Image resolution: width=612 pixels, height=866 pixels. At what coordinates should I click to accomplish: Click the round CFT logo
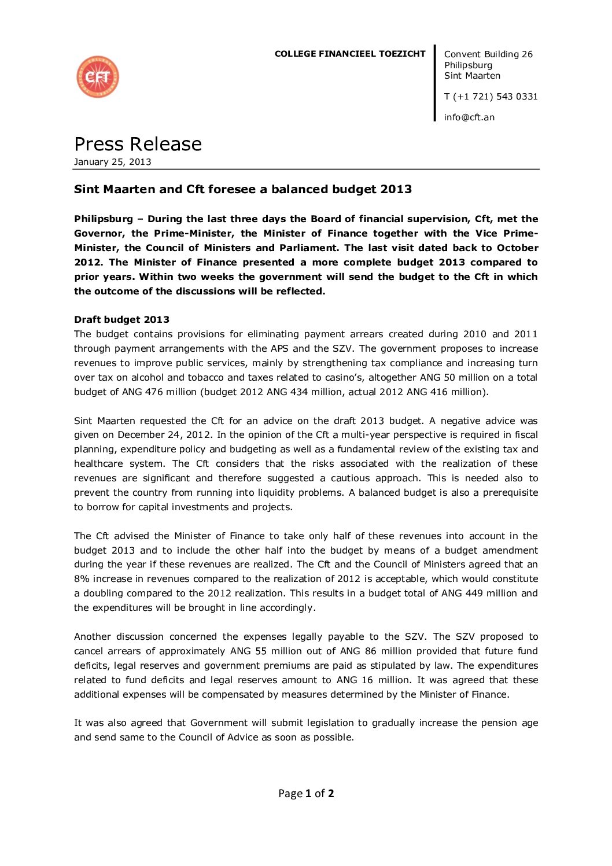pyautogui.click(x=98, y=77)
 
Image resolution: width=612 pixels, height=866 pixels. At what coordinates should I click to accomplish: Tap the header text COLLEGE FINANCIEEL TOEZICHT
pyautogui.click(x=350, y=54)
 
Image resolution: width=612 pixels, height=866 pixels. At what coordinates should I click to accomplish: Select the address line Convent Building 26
pyautogui.click(x=488, y=54)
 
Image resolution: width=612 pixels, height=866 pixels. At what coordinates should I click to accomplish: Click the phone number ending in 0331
pyautogui.click(x=491, y=97)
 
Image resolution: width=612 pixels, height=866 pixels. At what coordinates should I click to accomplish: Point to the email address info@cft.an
pyautogui.click(x=469, y=117)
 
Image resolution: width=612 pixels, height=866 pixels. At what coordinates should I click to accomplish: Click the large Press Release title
pyautogui.click(x=138, y=144)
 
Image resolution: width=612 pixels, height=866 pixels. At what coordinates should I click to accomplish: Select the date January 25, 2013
pyautogui.click(x=113, y=162)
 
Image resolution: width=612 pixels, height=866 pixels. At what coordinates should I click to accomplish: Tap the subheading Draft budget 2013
pyautogui.click(x=121, y=320)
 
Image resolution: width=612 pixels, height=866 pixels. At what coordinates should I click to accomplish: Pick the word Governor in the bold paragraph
pyautogui.click(x=99, y=234)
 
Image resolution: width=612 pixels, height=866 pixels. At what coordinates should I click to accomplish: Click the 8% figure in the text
pyautogui.click(x=81, y=579)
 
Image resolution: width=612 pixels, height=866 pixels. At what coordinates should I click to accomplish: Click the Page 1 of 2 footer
pyautogui.click(x=306, y=794)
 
